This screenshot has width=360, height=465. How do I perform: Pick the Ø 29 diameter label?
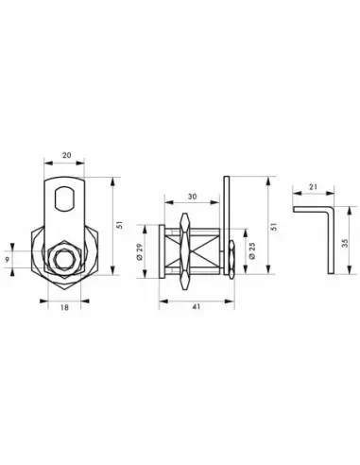(141, 252)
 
